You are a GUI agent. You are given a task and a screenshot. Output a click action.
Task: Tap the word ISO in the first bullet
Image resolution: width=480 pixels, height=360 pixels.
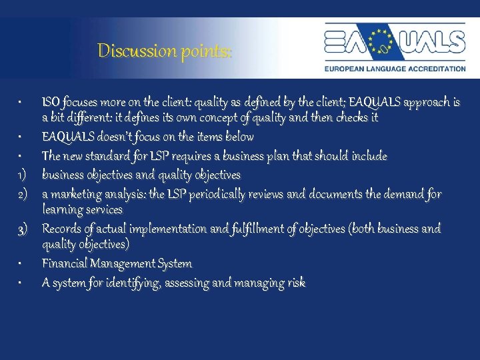click(x=52, y=103)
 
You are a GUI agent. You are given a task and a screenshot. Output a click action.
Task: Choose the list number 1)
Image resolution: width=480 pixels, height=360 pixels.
click(x=22, y=175)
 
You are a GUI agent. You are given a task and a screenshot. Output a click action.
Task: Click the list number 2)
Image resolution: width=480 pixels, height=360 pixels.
click(x=22, y=195)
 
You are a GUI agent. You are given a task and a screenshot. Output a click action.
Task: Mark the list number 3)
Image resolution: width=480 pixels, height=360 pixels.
click(x=22, y=229)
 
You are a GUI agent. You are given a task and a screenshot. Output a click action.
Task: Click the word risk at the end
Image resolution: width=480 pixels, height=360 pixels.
click(x=297, y=283)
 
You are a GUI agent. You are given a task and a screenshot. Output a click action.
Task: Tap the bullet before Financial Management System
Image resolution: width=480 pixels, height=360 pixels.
click(x=22, y=265)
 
